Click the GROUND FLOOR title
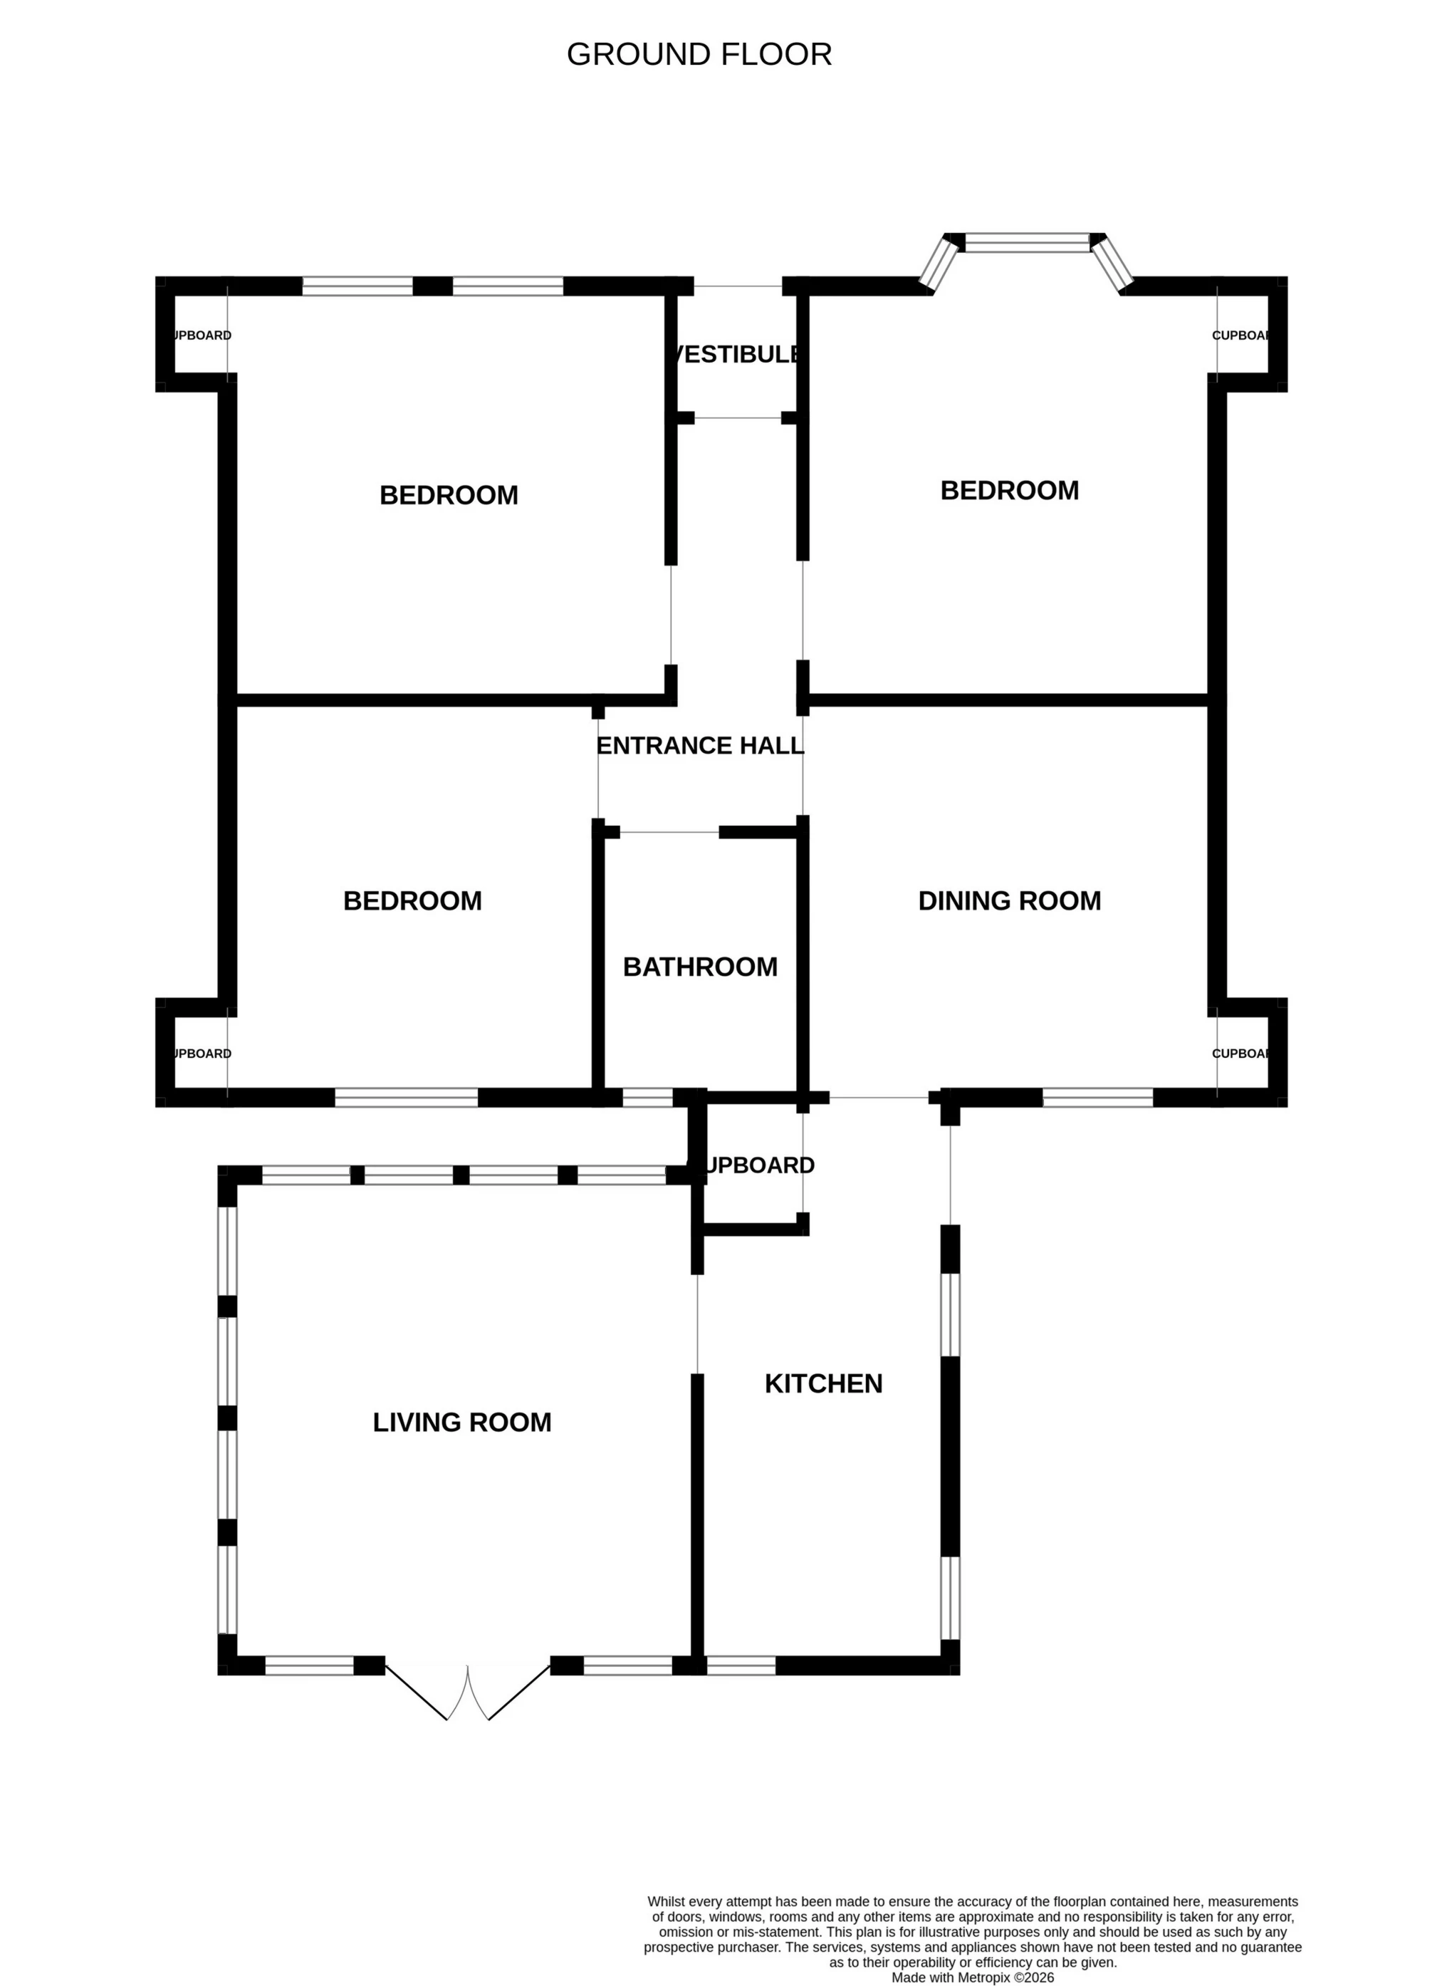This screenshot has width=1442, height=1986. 699,54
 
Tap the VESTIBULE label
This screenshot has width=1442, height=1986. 736,354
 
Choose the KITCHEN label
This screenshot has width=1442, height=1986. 823,1383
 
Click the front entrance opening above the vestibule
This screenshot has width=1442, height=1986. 737,286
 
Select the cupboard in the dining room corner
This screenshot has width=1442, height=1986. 1241,1053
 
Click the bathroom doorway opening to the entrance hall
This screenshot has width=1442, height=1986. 669,832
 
